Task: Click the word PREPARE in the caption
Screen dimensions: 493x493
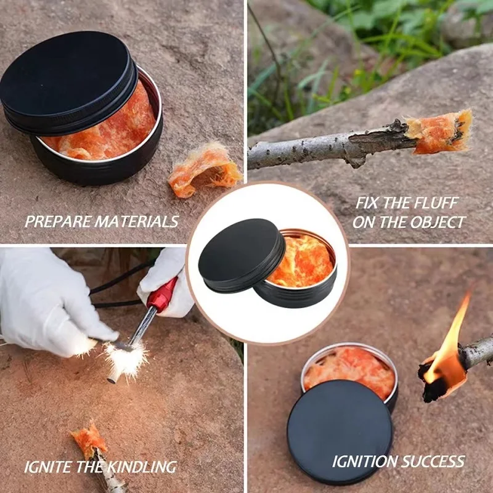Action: point(58,222)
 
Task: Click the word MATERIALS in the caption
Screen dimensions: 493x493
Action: point(137,222)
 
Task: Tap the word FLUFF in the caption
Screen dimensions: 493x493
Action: point(436,203)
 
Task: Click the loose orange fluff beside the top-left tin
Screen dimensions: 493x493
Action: point(204,170)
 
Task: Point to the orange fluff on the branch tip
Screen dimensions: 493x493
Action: point(439,131)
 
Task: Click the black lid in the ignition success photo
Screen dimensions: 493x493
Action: point(340,432)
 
